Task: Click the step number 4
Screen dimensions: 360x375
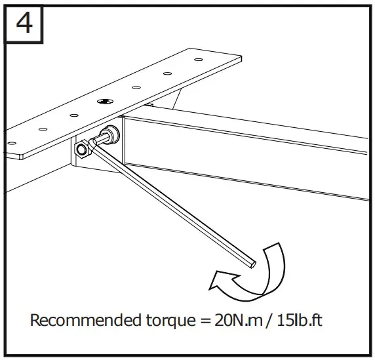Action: [x=25, y=24]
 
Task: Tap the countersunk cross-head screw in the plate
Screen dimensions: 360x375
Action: [x=106, y=102]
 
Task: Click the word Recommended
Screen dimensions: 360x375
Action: [x=75, y=321]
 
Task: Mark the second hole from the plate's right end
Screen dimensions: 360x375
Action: [x=167, y=73]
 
